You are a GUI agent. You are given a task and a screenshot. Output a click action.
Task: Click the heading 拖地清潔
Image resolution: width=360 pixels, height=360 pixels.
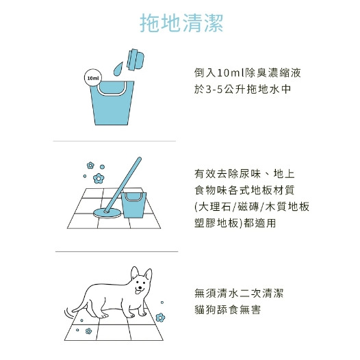pyautogui.click(x=181, y=23)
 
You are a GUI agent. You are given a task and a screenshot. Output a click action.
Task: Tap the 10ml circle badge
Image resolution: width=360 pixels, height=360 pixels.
pyautogui.click(x=93, y=78)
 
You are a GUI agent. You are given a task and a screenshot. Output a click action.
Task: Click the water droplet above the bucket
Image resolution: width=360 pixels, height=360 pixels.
pyautogui.click(x=118, y=68)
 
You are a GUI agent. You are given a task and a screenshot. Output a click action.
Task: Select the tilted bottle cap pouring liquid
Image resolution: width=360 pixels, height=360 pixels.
pyautogui.click(x=136, y=60)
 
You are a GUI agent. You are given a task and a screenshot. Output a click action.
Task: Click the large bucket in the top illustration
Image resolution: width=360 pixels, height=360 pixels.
pyautogui.click(x=112, y=103)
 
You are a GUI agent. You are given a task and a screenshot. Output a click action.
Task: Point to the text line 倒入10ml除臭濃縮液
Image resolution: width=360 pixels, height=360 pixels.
pyautogui.click(x=248, y=73)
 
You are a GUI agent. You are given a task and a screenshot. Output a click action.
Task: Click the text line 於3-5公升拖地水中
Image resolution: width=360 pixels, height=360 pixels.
pyautogui.click(x=243, y=89)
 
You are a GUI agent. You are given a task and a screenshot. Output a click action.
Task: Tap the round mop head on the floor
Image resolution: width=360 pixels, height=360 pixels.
pyautogui.click(x=107, y=213)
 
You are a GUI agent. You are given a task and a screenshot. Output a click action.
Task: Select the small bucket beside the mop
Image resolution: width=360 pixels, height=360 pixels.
pyautogui.click(x=133, y=205)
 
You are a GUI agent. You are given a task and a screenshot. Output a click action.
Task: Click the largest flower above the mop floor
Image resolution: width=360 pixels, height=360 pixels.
pyautogui.click(x=99, y=179)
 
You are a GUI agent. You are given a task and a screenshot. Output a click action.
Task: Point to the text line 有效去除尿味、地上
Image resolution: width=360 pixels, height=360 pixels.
pyautogui.click(x=244, y=174)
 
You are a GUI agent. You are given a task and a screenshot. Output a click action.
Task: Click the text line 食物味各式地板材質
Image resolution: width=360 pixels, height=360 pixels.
pyautogui.click(x=244, y=190)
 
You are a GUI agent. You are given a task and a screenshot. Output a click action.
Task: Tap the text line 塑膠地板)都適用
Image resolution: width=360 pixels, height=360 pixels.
pyautogui.click(x=235, y=222)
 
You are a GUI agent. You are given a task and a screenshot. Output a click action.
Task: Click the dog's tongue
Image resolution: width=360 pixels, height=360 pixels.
pyautogui.click(x=138, y=292)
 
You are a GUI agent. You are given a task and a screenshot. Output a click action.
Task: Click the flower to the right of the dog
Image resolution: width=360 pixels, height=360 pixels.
pyautogui.click(x=160, y=318)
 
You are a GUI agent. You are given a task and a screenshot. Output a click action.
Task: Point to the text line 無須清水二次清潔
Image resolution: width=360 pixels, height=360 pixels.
pyautogui.click(x=239, y=293)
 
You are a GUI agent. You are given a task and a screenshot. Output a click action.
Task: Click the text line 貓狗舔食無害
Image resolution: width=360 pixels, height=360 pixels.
pyautogui.click(x=227, y=309)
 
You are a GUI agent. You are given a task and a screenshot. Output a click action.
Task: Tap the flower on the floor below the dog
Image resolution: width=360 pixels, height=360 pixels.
pyautogui.click(x=88, y=331)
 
